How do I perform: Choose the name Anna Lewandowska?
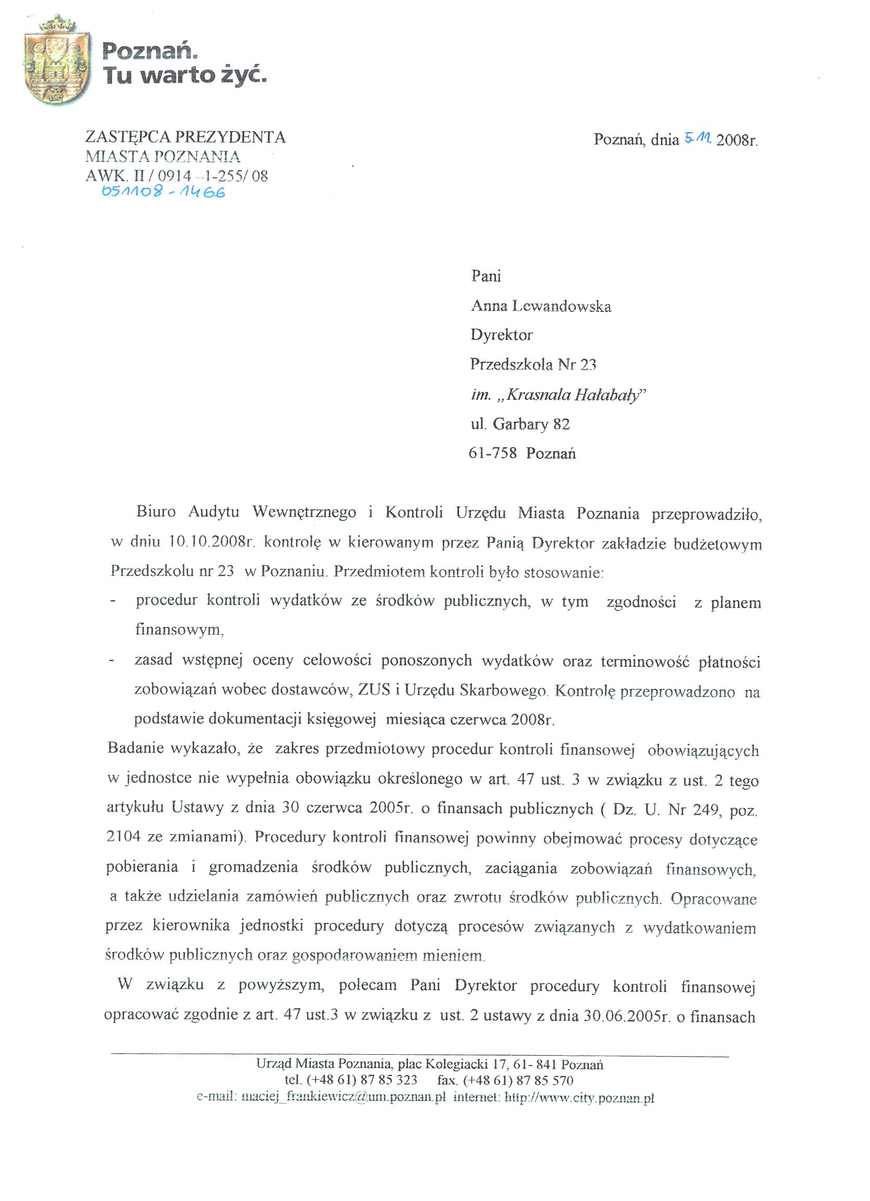pos(541,306)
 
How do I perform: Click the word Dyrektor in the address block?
pos(502,335)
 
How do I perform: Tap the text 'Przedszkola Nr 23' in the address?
pos(533,364)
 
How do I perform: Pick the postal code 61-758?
pos(492,453)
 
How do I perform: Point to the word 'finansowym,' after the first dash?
pos(177,629)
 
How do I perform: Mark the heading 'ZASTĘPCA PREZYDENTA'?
pos(185,137)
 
